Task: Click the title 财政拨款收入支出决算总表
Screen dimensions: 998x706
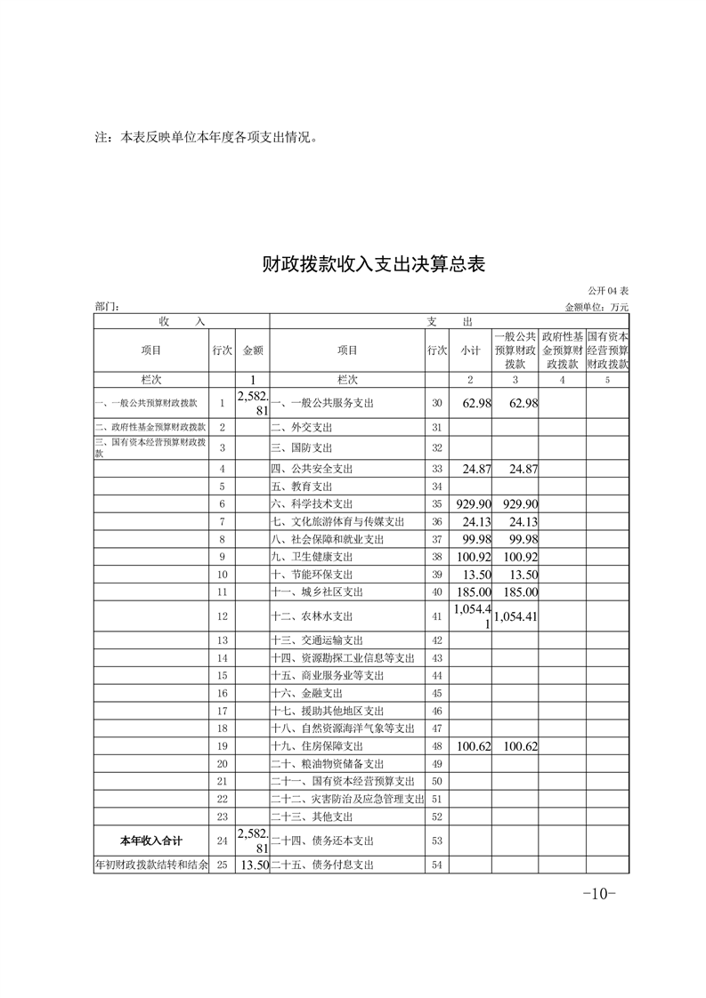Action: pos(373,264)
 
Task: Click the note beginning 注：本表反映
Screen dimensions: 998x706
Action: pos(206,138)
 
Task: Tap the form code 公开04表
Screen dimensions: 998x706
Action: pos(608,292)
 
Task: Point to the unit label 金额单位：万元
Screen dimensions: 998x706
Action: pos(596,307)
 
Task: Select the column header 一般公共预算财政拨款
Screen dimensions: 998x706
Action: pos(515,350)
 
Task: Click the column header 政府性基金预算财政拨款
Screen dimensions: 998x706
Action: pos(563,350)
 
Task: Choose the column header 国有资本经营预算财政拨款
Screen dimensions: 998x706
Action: pos(608,350)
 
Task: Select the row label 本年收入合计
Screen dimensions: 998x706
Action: pos(150,841)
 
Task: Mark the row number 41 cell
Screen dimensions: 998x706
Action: pos(436,616)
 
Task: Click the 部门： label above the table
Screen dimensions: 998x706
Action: pos(106,307)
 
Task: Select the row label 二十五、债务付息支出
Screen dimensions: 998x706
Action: pos(322,865)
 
